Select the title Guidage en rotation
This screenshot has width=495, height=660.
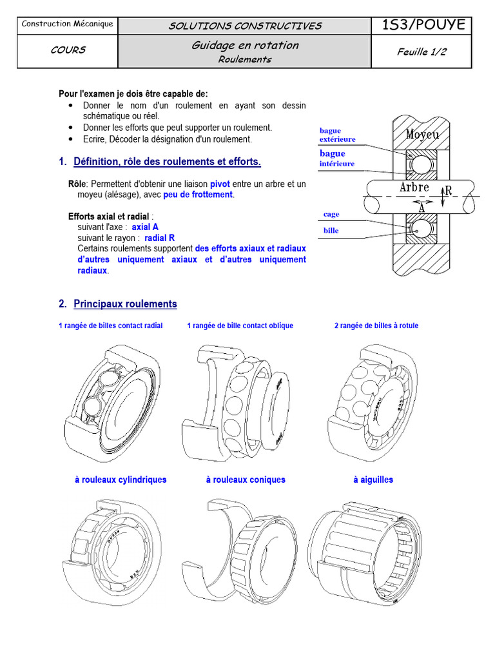[245, 45]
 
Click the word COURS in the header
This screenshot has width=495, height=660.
[68, 50]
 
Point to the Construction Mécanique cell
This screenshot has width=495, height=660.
[68, 24]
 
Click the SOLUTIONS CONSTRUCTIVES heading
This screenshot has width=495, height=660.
[245, 26]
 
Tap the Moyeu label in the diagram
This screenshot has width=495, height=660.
[422, 134]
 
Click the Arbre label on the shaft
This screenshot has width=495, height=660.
[414, 188]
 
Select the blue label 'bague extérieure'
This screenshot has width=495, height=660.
[337, 135]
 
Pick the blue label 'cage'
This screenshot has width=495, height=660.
[331, 214]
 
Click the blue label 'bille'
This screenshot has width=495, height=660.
[331, 230]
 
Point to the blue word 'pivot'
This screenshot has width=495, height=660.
[220, 184]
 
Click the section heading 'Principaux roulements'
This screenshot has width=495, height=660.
[125, 304]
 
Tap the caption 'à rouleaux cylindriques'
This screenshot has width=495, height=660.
[121, 480]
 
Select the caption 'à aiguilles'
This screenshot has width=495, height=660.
[373, 480]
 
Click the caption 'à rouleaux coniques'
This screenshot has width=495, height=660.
[246, 480]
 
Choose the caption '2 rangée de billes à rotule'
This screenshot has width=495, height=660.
[376, 326]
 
